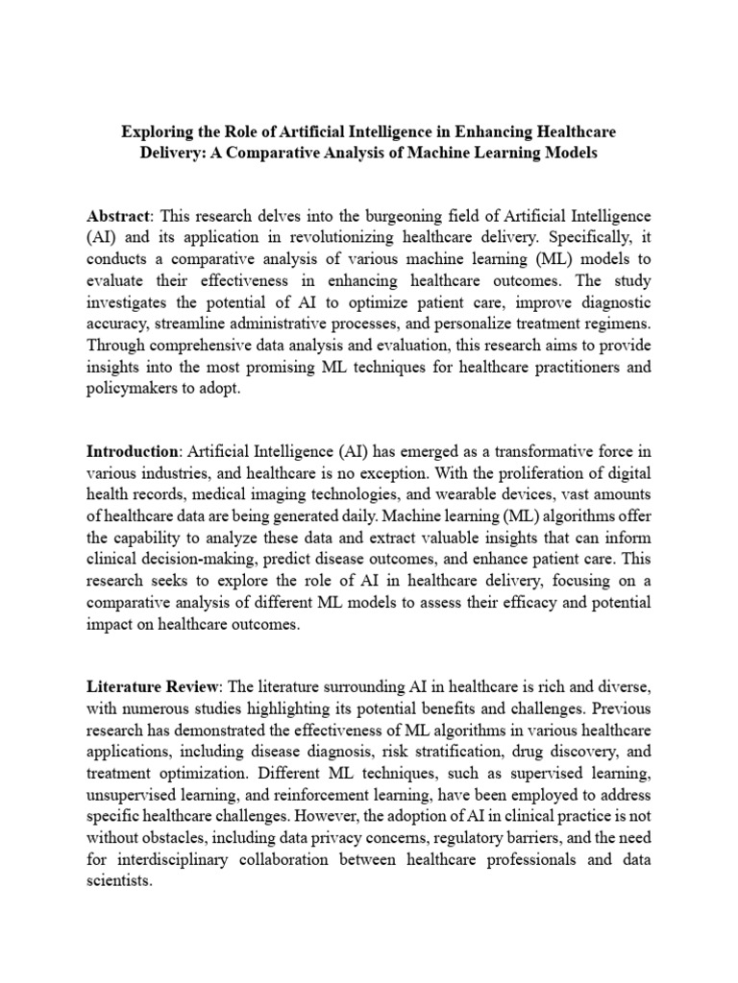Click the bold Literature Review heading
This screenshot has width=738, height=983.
154,687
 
